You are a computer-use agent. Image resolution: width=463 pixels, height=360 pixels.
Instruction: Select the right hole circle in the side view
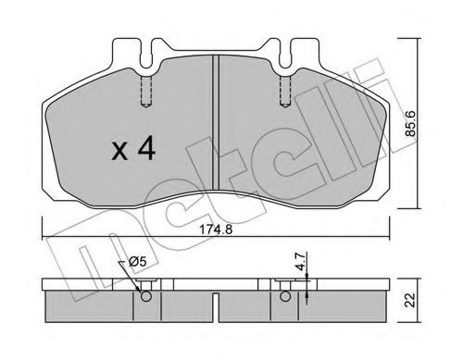[283, 297]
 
